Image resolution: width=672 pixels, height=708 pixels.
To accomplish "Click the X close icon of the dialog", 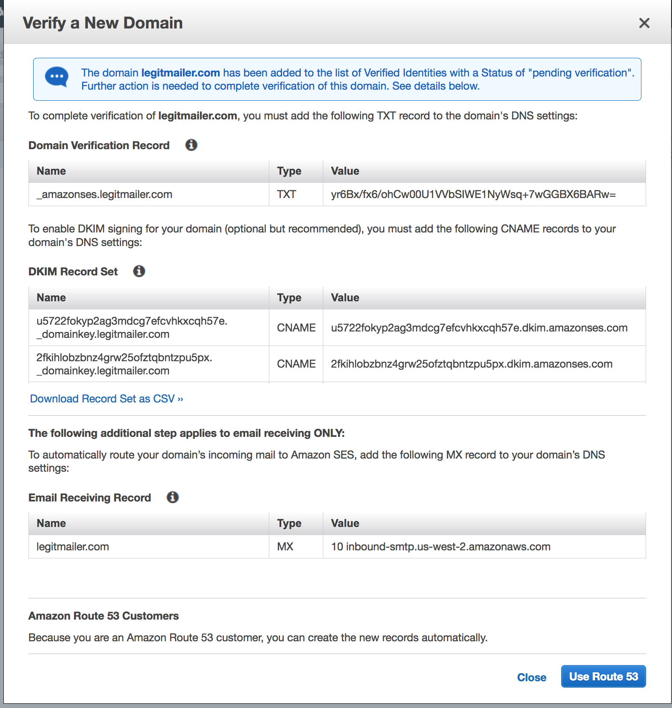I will click(x=644, y=23).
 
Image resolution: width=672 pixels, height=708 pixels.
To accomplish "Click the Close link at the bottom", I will click(x=531, y=677).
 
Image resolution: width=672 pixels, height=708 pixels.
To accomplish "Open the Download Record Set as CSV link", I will click(x=106, y=399).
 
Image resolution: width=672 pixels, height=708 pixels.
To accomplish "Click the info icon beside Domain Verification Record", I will click(x=191, y=145).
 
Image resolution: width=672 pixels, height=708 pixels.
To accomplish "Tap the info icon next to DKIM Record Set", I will click(x=139, y=271).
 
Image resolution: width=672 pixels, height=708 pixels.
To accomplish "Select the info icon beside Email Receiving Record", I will click(x=172, y=497).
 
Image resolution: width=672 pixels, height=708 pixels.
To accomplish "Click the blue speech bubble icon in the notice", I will click(x=56, y=77).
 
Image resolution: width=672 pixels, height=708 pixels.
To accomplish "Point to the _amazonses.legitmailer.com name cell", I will click(x=104, y=194).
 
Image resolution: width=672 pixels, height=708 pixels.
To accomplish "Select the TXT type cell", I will click(x=286, y=194).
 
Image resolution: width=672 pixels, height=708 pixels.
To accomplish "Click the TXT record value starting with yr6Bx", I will click(x=473, y=194).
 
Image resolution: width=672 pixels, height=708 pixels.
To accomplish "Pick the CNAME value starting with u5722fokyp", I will click(x=479, y=328).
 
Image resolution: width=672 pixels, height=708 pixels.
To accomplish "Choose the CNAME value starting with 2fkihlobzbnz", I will click(x=471, y=364).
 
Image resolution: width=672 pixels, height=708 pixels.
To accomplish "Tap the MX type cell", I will click(x=285, y=547).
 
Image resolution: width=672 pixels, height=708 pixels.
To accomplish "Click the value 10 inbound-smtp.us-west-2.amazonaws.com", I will click(x=440, y=547).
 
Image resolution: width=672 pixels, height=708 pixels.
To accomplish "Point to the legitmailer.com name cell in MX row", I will click(x=73, y=547).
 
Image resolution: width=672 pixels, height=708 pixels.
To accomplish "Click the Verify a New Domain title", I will click(x=103, y=23).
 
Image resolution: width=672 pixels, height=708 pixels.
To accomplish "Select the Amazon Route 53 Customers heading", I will click(x=104, y=616).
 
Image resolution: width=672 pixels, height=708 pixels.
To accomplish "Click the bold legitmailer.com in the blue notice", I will click(x=181, y=73).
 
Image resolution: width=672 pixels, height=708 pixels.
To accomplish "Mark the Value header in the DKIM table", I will click(x=345, y=297).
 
